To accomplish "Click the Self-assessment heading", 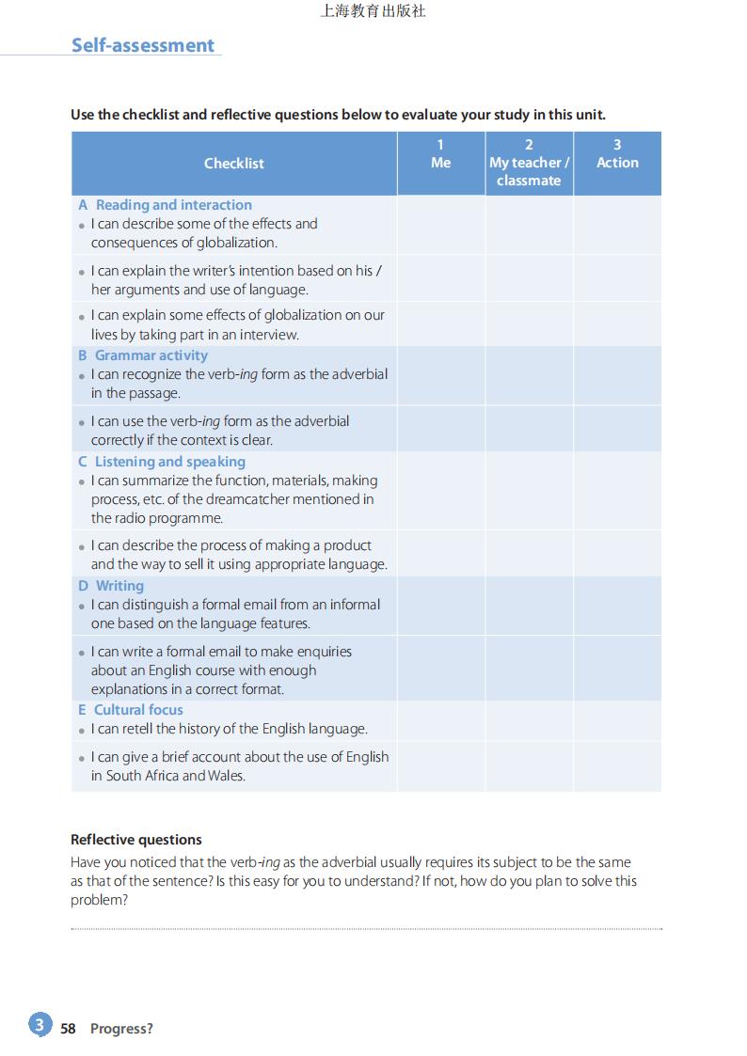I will tap(143, 45).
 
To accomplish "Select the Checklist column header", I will tap(234, 163).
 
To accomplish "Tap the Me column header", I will tap(440, 163).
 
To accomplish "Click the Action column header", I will tap(617, 163).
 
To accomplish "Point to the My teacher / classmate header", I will tap(529, 171).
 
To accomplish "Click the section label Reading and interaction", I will tap(173, 205).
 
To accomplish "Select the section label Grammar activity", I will tap(151, 355).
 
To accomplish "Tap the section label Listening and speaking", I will tap(169, 462).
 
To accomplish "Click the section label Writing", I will tap(119, 586).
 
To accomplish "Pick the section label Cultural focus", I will tap(138, 710).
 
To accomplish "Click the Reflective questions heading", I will tap(136, 840).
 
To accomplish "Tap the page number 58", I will tap(68, 1029).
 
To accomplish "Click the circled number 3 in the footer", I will tap(40, 1025).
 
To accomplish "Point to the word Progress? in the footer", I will tap(121, 1029).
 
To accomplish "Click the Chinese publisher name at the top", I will tap(373, 12).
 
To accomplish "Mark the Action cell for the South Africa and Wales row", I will tap(617, 766).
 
